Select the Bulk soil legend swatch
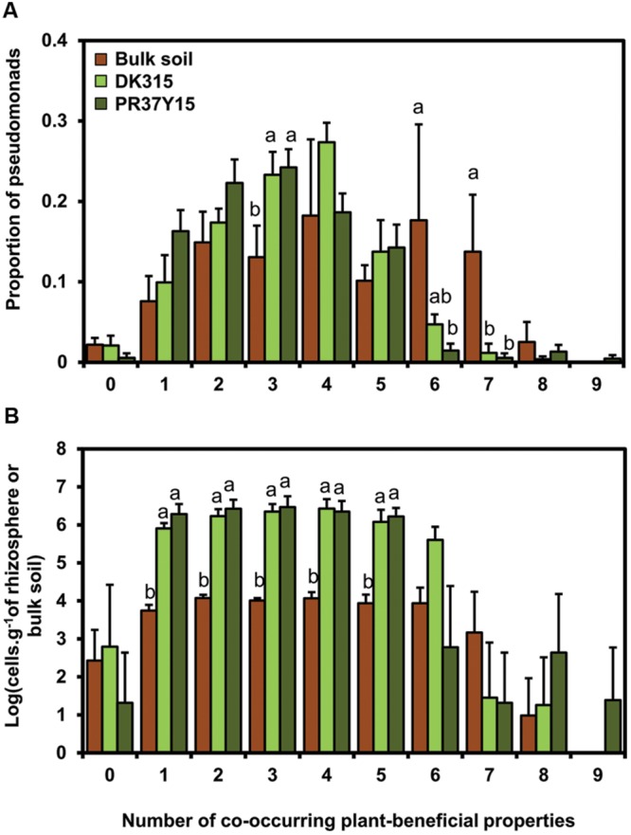click(x=97, y=58)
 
